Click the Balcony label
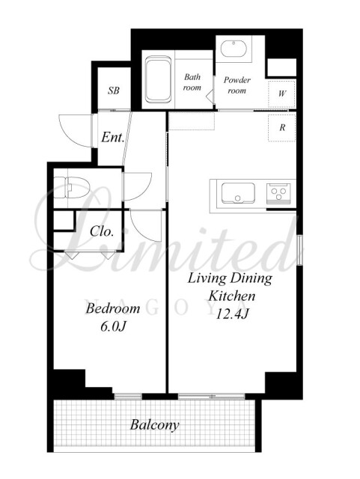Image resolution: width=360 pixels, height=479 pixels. click(154, 425)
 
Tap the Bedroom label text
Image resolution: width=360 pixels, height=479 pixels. click(113, 308)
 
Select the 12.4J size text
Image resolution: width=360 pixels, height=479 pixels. click(233, 314)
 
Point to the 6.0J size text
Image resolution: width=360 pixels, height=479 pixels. click(113, 326)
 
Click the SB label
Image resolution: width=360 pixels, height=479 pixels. click(113, 91)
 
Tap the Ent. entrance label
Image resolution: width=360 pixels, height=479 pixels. click(113, 137)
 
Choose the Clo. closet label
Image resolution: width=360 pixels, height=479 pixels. click(102, 231)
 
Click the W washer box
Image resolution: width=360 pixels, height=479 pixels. click(281, 94)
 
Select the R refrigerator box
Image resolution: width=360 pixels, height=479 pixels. click(281, 127)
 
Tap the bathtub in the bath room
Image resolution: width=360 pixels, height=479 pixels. click(158, 79)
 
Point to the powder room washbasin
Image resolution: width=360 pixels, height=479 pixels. click(234, 49)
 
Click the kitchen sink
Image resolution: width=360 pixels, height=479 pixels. click(238, 193)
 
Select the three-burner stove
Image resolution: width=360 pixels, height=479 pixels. click(278, 193)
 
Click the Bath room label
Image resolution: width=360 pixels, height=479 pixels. click(192, 82)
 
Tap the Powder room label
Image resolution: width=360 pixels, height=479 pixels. click(237, 85)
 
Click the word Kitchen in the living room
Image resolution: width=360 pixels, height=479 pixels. click(232, 296)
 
